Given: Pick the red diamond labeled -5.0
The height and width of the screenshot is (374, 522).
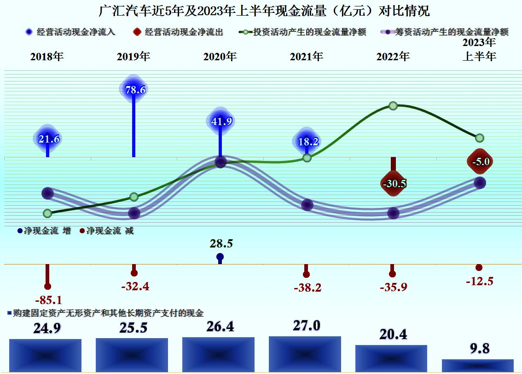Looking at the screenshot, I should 480,161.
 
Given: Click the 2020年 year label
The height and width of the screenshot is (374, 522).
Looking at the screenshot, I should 220,57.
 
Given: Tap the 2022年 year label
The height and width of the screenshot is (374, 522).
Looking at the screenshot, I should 393,57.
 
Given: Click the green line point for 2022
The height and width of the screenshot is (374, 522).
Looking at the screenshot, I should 393,106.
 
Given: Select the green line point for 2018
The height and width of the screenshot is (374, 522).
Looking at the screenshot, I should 47,213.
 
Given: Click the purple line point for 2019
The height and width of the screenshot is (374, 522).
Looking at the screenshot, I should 134,213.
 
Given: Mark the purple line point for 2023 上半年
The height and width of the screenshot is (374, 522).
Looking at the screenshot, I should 480,183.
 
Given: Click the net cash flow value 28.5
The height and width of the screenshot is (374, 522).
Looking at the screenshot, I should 221,244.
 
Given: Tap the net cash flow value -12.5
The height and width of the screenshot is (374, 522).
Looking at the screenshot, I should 479,282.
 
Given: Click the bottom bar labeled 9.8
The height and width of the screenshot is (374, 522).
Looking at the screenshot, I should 477,365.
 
